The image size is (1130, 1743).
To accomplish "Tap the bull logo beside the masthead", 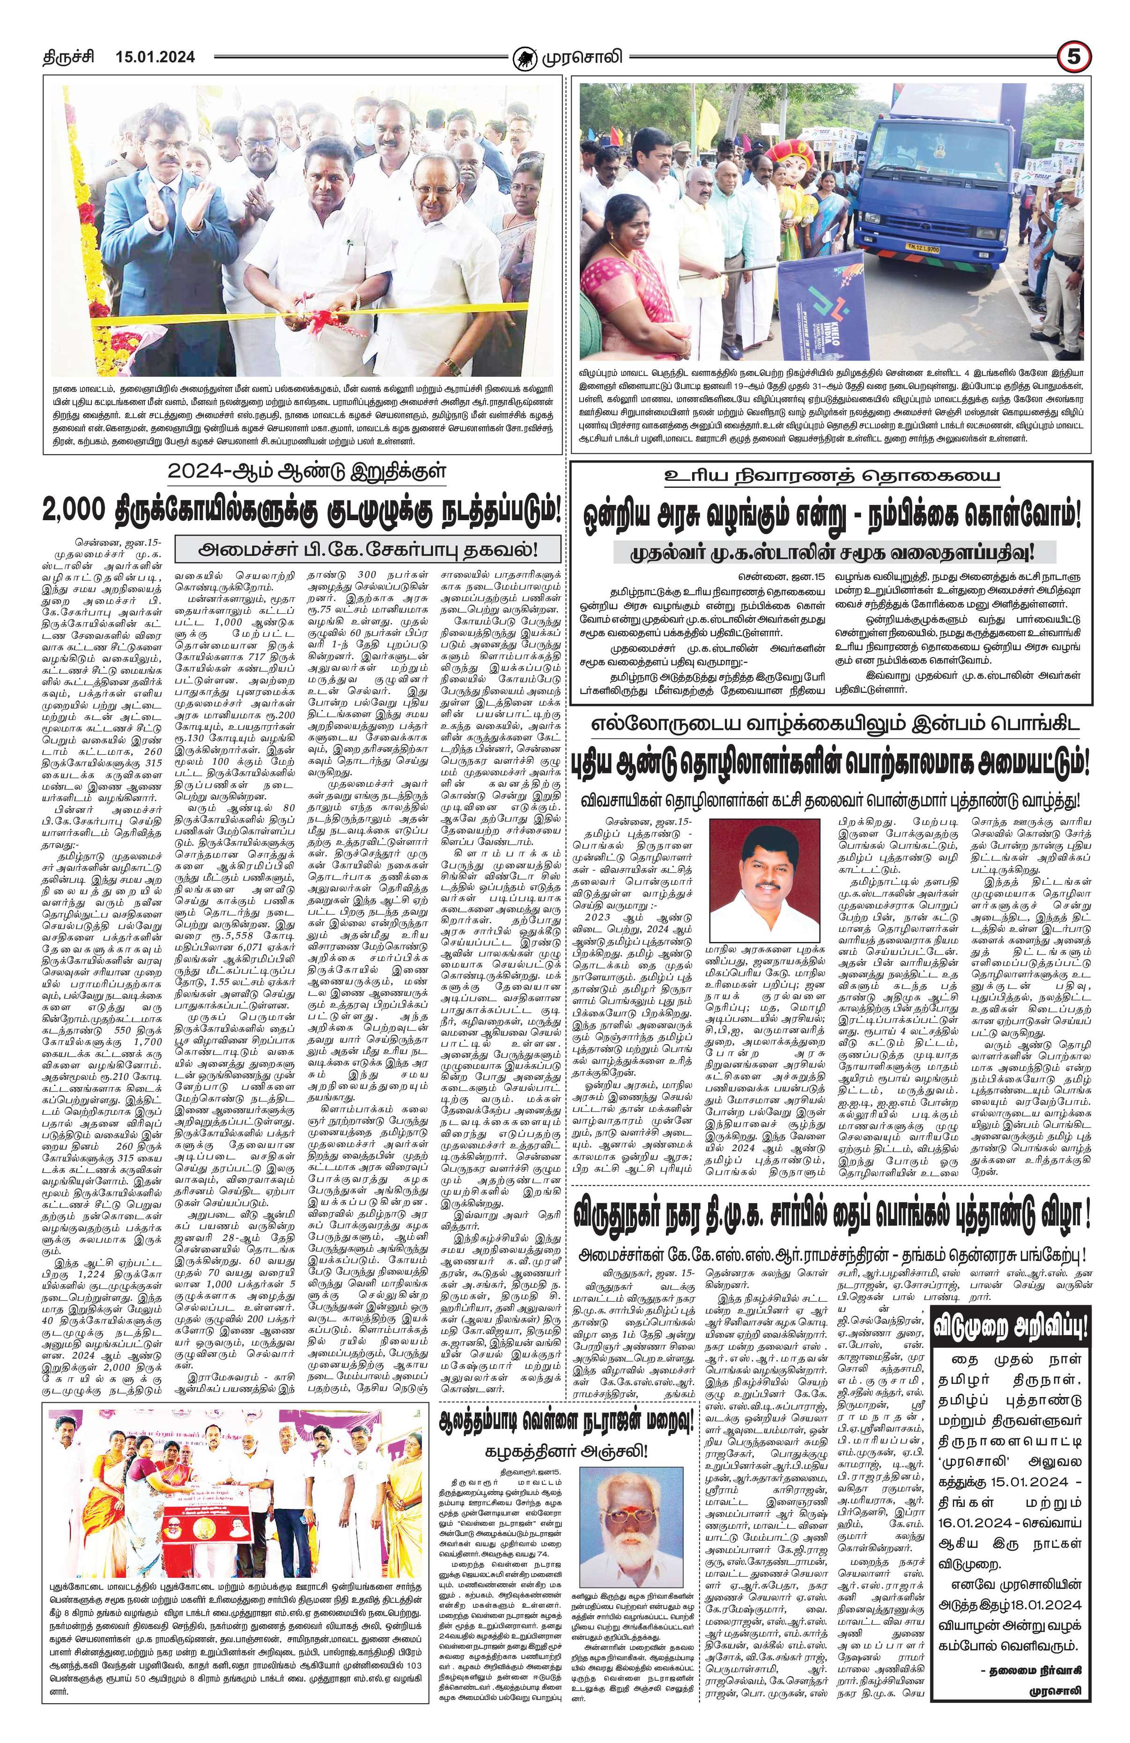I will coord(523,57).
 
